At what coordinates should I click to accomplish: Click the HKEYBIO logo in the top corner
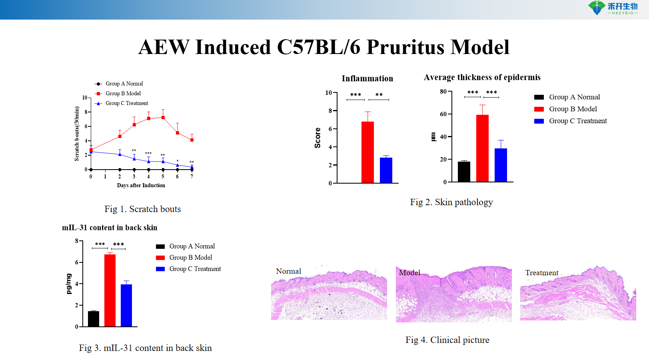(613, 8)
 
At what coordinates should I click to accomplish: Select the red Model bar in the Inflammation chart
(367, 152)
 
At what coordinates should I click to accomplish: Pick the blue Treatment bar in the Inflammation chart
(386, 170)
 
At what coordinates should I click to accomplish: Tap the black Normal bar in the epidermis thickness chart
(464, 172)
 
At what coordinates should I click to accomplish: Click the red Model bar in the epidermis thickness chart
(482, 148)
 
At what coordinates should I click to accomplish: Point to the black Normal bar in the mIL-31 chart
(94, 318)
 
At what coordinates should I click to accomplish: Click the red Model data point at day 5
(163, 118)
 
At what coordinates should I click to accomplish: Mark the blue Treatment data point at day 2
(120, 154)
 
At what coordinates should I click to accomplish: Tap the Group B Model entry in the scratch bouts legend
(123, 94)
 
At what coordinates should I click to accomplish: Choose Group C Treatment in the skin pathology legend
(577, 121)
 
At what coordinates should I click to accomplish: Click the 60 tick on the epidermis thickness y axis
(443, 114)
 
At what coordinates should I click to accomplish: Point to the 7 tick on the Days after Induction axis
(192, 176)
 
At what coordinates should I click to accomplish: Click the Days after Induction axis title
(141, 185)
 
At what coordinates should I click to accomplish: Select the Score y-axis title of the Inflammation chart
(318, 138)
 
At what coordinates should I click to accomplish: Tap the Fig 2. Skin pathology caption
(451, 202)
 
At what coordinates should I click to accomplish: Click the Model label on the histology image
(409, 273)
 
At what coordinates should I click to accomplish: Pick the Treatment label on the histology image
(541, 273)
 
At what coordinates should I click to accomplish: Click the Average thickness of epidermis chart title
(482, 77)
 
